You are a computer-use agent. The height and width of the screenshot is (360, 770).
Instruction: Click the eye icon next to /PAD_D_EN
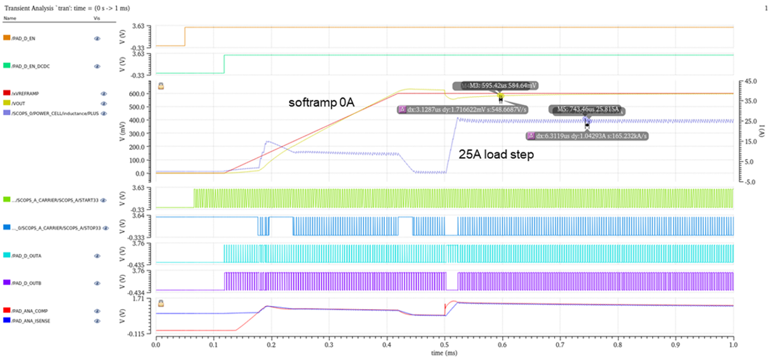[x=97, y=38]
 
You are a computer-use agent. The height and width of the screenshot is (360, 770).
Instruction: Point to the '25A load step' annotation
[x=496, y=154]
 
